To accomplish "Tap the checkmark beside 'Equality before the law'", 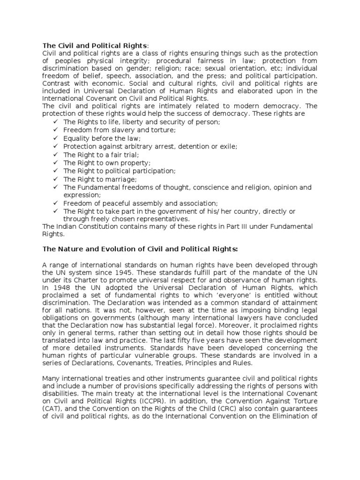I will click(x=55, y=139).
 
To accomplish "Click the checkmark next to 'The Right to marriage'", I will click(x=55, y=179).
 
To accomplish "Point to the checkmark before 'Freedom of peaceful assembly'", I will click(x=55, y=203).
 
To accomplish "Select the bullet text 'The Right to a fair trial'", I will click(x=101, y=155).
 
